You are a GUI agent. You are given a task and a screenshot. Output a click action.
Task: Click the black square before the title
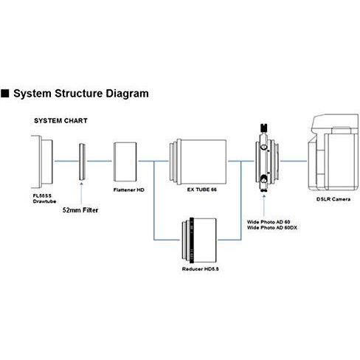(x=4, y=94)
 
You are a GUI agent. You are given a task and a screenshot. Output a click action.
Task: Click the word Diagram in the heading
(x=127, y=94)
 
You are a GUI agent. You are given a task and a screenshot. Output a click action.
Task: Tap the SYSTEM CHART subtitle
(x=60, y=121)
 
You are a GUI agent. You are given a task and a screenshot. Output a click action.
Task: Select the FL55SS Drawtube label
(x=44, y=198)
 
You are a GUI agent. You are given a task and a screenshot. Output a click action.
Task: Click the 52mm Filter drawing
(x=82, y=162)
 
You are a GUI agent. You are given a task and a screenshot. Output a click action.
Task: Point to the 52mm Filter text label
(x=80, y=210)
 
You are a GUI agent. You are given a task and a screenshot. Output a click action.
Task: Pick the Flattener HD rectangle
(x=125, y=162)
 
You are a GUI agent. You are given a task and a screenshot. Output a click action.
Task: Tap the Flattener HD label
(x=129, y=190)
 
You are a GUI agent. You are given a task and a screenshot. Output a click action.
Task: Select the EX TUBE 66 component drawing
(x=198, y=162)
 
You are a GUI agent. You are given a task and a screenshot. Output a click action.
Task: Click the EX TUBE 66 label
(x=202, y=190)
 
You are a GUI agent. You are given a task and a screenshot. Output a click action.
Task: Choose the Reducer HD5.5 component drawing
(x=199, y=240)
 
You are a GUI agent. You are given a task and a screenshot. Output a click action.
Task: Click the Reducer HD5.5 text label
(x=201, y=269)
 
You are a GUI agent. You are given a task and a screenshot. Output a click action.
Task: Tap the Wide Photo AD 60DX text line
(x=272, y=228)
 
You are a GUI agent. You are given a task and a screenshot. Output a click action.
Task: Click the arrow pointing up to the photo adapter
(x=264, y=207)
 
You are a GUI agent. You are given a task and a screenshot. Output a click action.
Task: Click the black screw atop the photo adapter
(x=263, y=128)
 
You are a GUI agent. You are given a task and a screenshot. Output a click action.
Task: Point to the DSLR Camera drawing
(x=333, y=153)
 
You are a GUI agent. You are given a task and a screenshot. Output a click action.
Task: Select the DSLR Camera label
(x=333, y=199)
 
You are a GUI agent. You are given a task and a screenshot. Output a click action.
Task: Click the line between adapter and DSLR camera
(x=294, y=162)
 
